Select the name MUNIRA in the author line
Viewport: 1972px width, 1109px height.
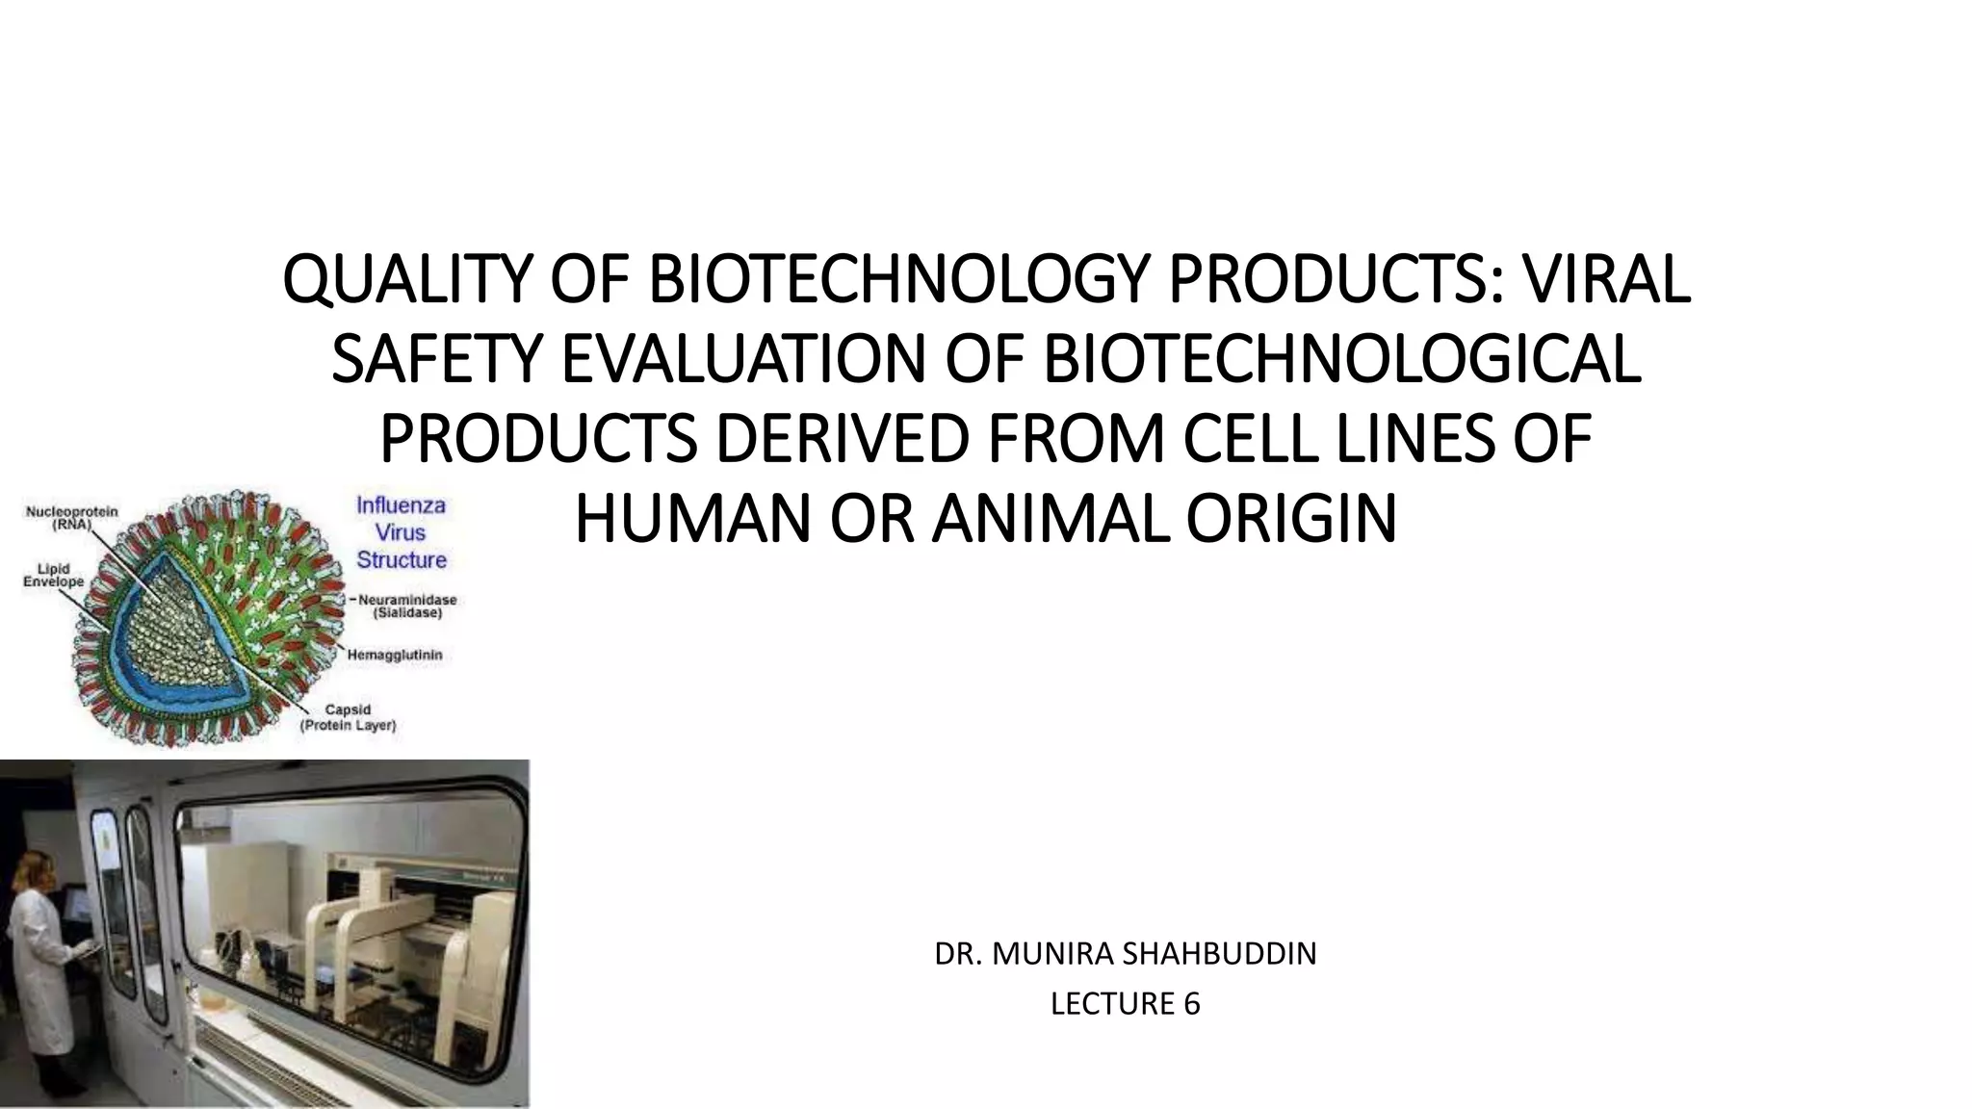click(1040, 954)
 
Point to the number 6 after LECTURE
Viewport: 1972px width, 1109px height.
click(1192, 1004)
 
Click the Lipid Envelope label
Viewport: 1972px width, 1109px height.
click(53, 576)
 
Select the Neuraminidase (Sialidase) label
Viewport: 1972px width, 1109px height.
click(407, 606)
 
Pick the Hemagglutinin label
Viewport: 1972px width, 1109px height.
click(401, 655)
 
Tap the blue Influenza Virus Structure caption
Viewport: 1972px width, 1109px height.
click(402, 532)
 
